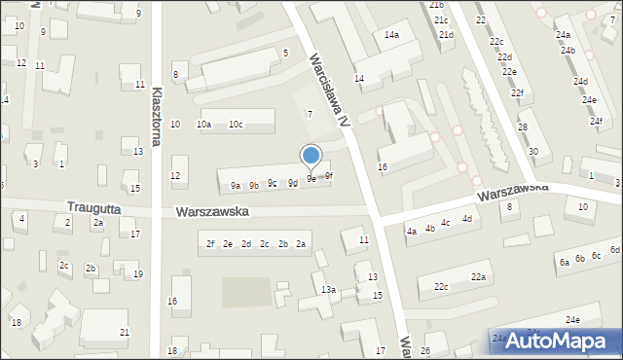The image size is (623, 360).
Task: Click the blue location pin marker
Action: [x=311, y=156]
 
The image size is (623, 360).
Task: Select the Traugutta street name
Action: [x=98, y=207]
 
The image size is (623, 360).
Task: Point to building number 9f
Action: [x=329, y=176]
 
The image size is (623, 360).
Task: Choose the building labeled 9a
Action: [x=236, y=186]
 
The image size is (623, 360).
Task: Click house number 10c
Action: [x=236, y=125]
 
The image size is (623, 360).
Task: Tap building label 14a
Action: [x=391, y=35]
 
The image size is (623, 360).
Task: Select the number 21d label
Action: [x=446, y=35]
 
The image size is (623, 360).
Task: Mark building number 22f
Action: [x=518, y=93]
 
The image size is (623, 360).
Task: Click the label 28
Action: [x=523, y=127]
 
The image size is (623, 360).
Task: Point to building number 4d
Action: [x=467, y=219]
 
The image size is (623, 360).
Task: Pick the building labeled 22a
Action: [x=478, y=278]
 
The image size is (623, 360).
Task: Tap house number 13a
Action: [x=329, y=290]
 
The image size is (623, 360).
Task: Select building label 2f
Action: [x=210, y=244]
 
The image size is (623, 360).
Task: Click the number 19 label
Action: [x=138, y=274]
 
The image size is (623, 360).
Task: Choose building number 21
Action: [x=124, y=333]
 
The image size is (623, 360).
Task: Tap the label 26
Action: [x=425, y=350]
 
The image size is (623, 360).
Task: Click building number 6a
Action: [x=564, y=263]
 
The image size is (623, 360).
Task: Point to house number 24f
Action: [x=596, y=121]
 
